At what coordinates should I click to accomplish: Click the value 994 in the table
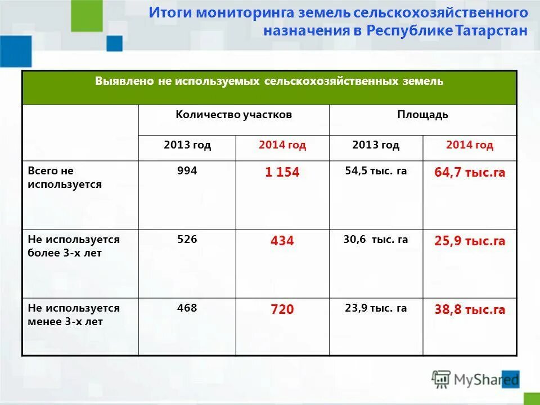(187, 170)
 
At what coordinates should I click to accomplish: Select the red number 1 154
(282, 173)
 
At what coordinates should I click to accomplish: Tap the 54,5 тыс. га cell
(376, 170)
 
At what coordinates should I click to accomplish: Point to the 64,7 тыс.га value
(470, 173)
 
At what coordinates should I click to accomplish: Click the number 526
(187, 239)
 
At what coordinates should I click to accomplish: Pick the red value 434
(282, 241)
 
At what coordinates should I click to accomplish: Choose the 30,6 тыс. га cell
(376, 239)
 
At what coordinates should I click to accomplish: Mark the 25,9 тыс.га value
(470, 241)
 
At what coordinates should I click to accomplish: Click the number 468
(187, 308)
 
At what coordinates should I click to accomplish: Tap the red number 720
(282, 310)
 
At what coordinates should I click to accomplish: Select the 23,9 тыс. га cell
(376, 308)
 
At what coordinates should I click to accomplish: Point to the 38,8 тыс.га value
(470, 310)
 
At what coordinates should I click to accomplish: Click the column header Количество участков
(233, 115)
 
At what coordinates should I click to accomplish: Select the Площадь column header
(422, 115)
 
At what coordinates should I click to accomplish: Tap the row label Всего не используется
(65, 177)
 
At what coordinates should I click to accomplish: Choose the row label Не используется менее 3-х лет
(74, 315)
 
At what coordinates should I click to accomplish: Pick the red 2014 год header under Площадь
(470, 145)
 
